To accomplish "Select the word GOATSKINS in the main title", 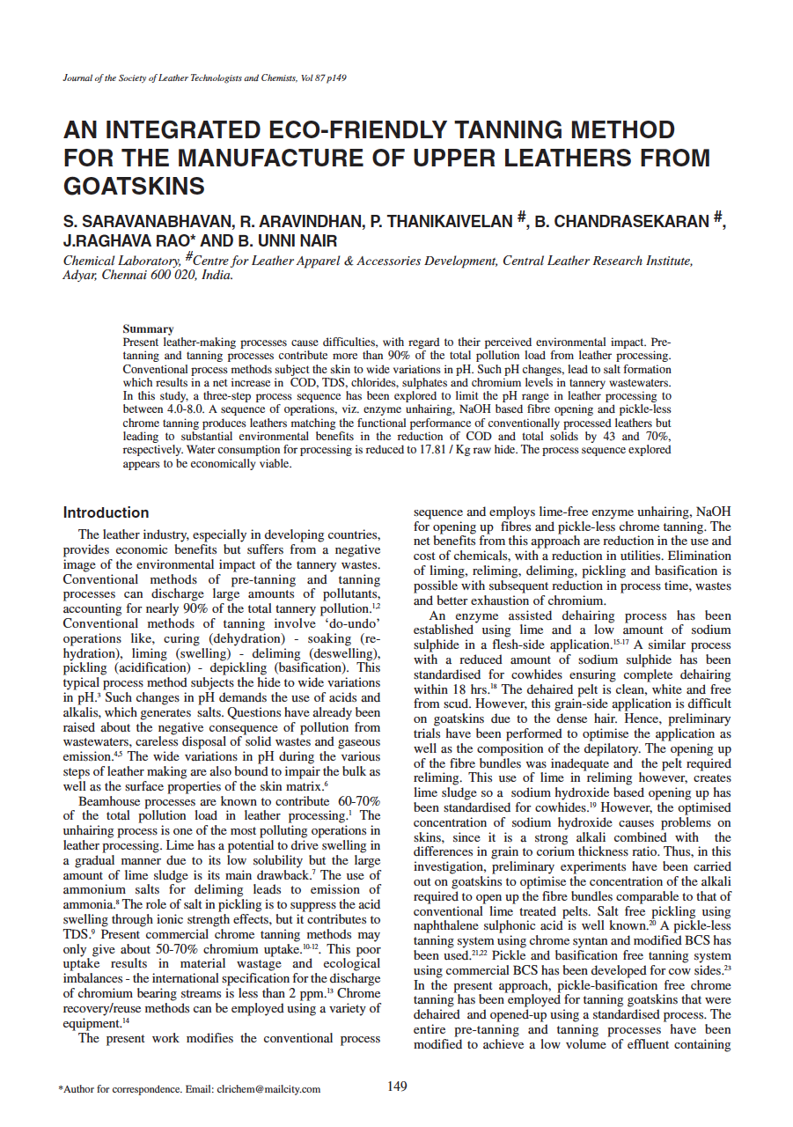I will click(x=134, y=187).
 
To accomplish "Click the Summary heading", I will click(x=148, y=328).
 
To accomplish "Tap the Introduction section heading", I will click(x=106, y=512).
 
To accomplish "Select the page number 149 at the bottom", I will click(x=397, y=1086).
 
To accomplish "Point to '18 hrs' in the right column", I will click(x=474, y=689).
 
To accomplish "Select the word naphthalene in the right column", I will click(x=450, y=925).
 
